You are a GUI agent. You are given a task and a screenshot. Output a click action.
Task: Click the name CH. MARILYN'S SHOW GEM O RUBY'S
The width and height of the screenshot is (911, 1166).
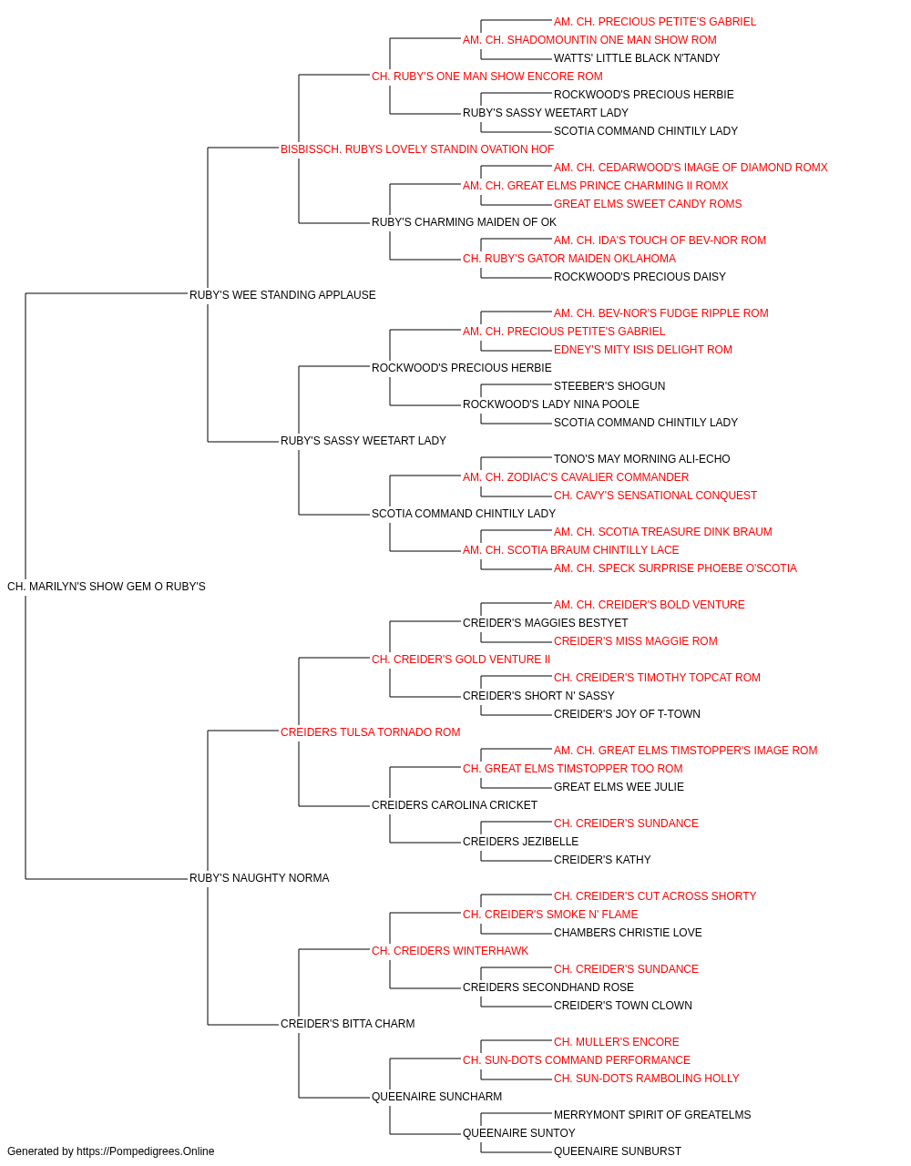(107, 587)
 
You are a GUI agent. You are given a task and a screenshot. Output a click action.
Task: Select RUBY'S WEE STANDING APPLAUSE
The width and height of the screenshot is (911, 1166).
(282, 294)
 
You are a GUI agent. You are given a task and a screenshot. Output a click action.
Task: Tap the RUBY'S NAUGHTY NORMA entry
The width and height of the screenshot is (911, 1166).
(259, 878)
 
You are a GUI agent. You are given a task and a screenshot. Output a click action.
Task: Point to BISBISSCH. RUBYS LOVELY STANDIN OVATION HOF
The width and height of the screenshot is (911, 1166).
(417, 149)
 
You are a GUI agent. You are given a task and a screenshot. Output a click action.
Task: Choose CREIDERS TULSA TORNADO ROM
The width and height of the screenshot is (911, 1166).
(370, 731)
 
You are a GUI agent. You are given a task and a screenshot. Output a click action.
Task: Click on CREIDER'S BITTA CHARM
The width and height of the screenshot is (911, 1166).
(347, 1023)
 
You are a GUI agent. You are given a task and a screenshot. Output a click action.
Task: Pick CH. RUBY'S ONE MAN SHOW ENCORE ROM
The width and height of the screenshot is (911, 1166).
(486, 77)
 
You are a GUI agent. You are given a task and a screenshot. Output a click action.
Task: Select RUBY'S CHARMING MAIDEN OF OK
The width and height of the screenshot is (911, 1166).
(464, 221)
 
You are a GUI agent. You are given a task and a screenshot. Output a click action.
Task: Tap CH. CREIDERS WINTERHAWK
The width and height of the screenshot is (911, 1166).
(450, 950)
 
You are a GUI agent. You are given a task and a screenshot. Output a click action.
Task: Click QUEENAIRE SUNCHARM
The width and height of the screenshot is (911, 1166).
(436, 1096)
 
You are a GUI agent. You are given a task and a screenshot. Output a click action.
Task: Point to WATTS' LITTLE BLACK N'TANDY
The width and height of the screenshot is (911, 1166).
(636, 58)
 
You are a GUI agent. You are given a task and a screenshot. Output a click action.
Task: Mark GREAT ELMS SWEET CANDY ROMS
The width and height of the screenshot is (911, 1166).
(648, 204)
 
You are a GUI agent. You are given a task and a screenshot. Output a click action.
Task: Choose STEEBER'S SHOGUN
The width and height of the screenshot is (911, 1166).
(609, 386)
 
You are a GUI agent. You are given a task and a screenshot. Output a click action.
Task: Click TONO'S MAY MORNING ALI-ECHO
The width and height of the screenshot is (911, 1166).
(641, 459)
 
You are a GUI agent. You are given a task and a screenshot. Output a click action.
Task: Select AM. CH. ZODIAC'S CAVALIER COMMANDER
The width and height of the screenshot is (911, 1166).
(576, 477)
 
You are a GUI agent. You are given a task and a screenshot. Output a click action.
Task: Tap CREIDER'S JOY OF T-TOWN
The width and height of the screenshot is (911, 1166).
(627, 713)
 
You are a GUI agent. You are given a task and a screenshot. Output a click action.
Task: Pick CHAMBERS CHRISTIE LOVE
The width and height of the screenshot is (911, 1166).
(628, 933)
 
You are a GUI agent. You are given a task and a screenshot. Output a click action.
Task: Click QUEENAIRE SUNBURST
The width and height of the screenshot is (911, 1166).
(617, 1151)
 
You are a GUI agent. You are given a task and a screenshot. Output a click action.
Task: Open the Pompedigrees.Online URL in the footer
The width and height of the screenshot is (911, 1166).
(145, 1151)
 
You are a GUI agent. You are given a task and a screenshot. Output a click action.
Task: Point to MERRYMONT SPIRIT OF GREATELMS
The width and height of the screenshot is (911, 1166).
(652, 1114)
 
